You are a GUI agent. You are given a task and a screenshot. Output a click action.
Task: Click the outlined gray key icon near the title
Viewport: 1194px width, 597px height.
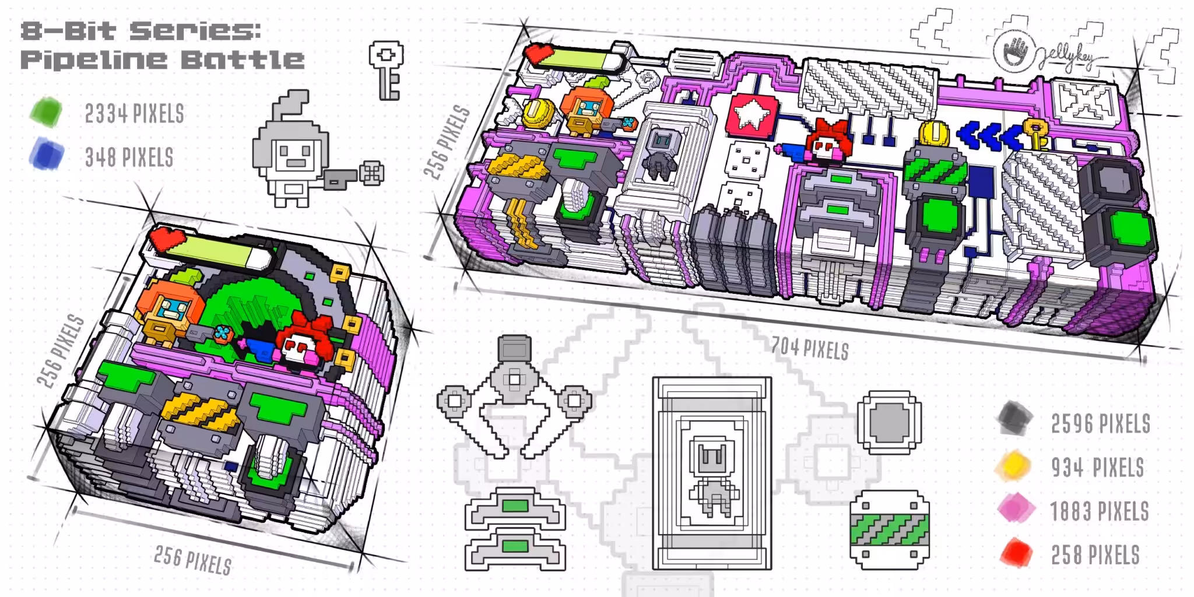tap(386, 69)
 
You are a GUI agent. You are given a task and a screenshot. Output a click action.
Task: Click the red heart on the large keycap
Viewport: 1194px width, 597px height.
tap(539, 54)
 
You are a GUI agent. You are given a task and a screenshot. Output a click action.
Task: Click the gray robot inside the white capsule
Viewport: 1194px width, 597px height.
tap(662, 152)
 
